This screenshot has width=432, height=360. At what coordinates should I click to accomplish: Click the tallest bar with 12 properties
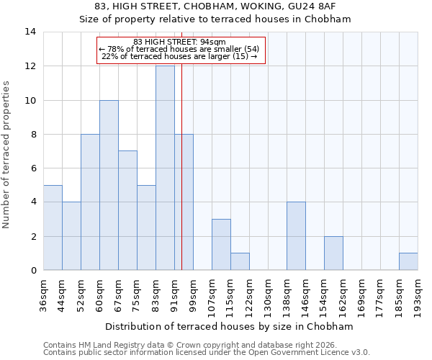point(165,168)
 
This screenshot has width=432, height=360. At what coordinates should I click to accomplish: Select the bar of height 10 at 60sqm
point(109,185)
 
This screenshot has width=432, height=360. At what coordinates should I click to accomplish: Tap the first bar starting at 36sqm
point(53,228)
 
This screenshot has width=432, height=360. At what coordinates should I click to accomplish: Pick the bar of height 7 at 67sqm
point(127,210)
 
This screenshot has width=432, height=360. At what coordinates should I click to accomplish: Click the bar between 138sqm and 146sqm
point(296,236)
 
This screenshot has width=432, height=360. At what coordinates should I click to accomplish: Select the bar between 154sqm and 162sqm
point(333,253)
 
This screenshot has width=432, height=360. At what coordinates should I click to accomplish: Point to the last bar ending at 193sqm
point(408,261)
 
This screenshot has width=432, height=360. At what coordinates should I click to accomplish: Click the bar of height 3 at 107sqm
point(221,245)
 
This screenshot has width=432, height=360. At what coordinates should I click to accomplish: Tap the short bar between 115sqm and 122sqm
point(240,261)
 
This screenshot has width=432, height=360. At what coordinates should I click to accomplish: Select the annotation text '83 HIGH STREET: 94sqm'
point(180,42)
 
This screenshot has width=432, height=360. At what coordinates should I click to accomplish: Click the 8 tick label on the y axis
point(32,135)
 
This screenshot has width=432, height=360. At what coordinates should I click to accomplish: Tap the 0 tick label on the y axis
point(32,271)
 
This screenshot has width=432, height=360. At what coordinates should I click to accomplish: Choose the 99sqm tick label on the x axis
point(193,294)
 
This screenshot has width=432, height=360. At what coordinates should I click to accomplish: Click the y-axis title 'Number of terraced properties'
point(7,154)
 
